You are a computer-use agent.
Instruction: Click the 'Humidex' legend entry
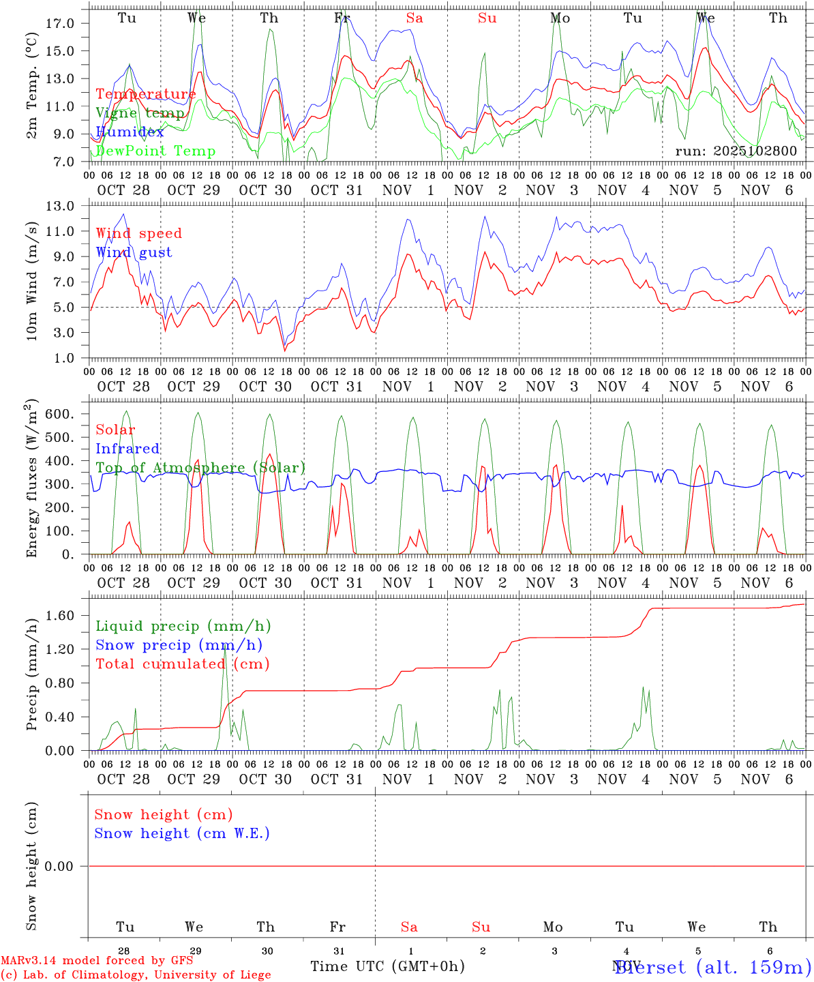coord(130,132)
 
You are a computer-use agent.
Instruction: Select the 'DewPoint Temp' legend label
coord(155,151)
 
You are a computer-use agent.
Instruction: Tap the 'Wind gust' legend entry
coord(134,252)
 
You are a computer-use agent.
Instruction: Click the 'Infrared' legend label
coord(127,449)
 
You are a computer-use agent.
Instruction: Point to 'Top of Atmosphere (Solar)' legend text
coord(200,468)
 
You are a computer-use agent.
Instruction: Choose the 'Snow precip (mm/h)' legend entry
coord(179,645)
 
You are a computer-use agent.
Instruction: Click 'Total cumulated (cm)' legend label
coord(182,664)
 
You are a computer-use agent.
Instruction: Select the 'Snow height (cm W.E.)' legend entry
coord(182,833)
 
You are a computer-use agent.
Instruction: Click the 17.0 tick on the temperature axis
coord(61,23)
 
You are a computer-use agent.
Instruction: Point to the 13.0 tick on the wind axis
coord(61,206)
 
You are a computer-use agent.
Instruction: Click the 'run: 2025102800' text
coord(736,151)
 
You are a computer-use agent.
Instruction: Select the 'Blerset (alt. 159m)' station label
coord(712,966)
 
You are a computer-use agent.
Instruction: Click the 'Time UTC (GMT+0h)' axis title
coord(387,966)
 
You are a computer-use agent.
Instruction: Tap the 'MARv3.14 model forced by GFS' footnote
coord(97,961)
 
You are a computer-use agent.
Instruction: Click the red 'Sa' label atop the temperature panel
coord(414,18)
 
